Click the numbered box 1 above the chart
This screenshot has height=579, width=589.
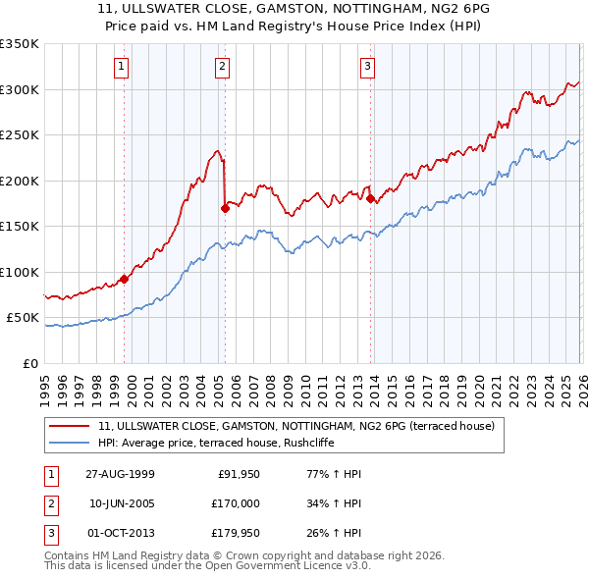pos(121,67)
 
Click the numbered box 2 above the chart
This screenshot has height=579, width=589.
pos(222,67)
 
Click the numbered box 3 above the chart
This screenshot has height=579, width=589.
pos(367,67)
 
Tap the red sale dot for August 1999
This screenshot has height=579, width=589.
pos(125,279)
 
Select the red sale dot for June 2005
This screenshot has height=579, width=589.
pos(225,207)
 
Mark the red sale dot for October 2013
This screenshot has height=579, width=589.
pos(370,198)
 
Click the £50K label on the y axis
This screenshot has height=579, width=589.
pos(23,318)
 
